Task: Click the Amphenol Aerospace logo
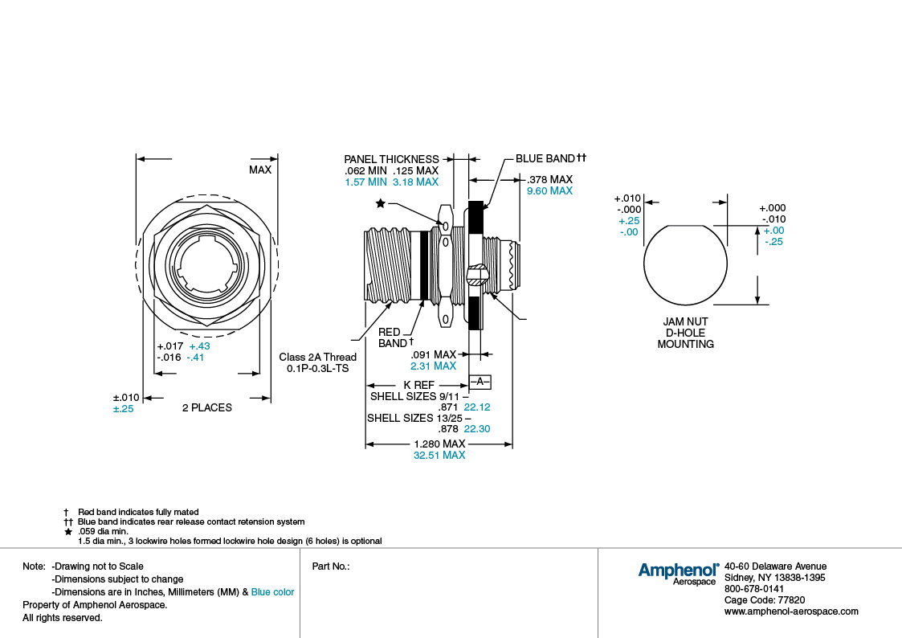(x=678, y=573)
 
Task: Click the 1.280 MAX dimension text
(x=439, y=444)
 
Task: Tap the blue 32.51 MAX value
(x=439, y=456)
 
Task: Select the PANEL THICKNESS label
(x=391, y=159)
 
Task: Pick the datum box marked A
(x=480, y=381)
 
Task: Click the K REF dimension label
(x=418, y=386)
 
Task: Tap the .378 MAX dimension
(x=549, y=179)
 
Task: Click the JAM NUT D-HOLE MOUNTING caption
(x=685, y=333)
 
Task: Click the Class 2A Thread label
(x=317, y=358)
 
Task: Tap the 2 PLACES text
(x=206, y=407)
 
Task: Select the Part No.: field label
(x=330, y=566)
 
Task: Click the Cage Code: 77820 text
(x=764, y=600)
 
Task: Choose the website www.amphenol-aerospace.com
(x=791, y=611)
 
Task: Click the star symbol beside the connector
(x=380, y=204)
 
